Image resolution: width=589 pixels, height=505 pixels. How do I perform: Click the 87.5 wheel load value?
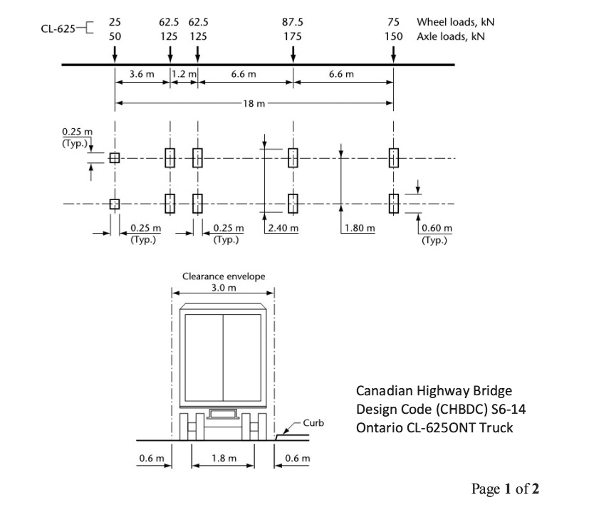(292, 22)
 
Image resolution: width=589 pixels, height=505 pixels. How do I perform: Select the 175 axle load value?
(292, 36)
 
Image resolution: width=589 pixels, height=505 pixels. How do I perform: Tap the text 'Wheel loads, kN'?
(456, 22)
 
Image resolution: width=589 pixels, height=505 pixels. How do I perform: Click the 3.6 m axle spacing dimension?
(142, 74)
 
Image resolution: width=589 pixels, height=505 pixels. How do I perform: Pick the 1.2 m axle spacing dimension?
(183, 74)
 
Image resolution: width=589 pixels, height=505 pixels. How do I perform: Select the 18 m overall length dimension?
(254, 103)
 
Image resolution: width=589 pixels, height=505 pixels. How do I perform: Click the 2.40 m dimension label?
(282, 228)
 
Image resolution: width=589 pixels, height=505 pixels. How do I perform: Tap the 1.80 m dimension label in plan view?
(359, 228)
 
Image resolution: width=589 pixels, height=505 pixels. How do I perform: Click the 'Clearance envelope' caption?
(223, 276)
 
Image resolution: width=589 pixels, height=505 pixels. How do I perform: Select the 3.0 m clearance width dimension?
(223, 288)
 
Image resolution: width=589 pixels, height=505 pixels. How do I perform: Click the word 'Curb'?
(313, 423)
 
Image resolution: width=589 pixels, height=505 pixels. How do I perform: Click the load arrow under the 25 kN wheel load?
(115, 54)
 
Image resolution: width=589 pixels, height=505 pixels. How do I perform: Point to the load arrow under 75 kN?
(394, 54)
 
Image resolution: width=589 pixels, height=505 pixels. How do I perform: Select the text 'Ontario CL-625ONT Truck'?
(434, 427)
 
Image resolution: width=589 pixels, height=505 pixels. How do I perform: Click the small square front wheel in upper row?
(115, 157)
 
